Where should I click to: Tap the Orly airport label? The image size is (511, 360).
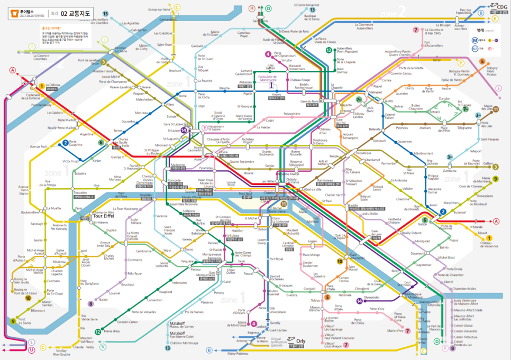301,341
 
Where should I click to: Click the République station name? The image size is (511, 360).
365,153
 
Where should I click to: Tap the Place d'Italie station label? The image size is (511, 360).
330,287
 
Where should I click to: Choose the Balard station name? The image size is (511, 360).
103,300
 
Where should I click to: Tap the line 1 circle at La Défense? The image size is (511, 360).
41,86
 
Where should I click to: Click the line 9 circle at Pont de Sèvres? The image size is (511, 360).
13,321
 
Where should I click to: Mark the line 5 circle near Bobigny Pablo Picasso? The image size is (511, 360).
482,61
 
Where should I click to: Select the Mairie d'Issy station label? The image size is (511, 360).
112,331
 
